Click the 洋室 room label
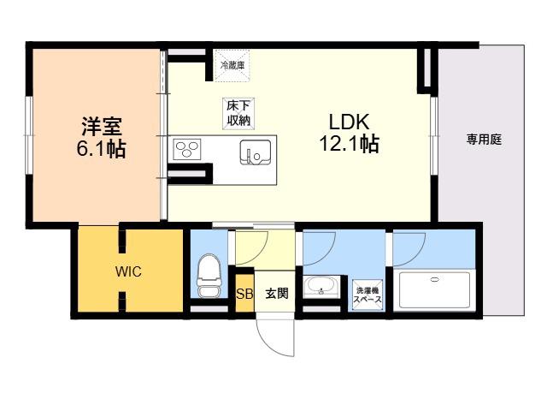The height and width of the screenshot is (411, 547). coord(102,126)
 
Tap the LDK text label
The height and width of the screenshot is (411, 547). coord(349,122)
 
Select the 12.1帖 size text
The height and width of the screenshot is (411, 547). coord(350,143)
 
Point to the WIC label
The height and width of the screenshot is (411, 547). coord(128,271)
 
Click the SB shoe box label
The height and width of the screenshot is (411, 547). coord(244,294)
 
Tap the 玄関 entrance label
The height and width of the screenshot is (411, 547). coord(277,293)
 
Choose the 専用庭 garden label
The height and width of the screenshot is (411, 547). coord(485,140)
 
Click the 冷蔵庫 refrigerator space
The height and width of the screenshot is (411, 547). coord(232,65)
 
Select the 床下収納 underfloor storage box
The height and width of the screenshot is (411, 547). coord(238,114)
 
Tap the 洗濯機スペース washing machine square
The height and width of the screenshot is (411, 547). coord(368,295)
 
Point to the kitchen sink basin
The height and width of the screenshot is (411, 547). coord(256,152)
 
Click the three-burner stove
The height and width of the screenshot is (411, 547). coord(187,149)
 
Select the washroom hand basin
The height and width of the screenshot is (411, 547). coord(321,286)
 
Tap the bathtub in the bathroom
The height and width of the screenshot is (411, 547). coord(434,290)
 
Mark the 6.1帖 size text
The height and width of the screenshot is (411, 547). coord(101,148)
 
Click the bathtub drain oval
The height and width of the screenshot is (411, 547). coord(435,279)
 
